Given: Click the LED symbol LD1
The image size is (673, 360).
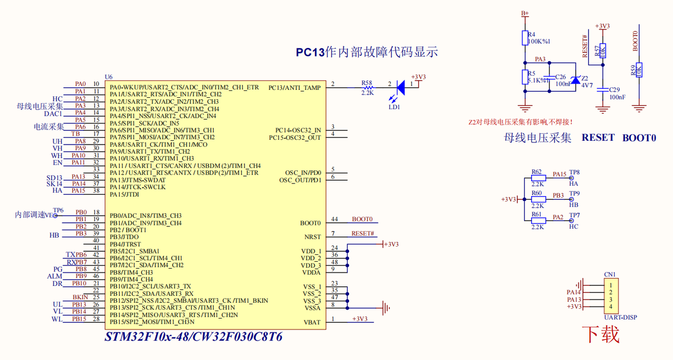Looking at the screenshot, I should click(x=400, y=87).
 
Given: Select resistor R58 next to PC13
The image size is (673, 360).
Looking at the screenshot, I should click(x=367, y=87).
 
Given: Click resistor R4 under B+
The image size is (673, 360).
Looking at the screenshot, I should click(x=524, y=38).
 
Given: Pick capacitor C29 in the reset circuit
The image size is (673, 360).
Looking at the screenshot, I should click(x=603, y=89).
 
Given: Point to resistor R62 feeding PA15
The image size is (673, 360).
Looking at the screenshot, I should click(x=538, y=178).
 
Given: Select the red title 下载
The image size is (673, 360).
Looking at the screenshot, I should click(x=600, y=334).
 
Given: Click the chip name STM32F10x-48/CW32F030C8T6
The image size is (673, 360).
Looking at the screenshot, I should click(x=193, y=337).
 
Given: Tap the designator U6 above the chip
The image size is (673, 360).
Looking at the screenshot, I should click(x=109, y=77).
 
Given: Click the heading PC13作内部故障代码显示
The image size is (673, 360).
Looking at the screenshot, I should click(x=366, y=52).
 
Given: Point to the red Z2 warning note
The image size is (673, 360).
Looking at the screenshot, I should click(x=521, y=122).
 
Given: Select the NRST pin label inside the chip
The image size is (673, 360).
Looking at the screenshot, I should click(x=312, y=237).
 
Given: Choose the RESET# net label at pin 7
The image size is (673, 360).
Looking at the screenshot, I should click(x=363, y=233).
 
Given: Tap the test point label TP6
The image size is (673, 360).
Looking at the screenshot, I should click(x=58, y=210).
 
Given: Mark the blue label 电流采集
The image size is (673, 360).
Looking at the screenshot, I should click(x=49, y=127).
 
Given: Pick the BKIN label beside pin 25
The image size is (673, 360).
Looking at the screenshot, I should click(x=80, y=297).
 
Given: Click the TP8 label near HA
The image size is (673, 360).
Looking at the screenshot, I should click(x=574, y=172).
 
